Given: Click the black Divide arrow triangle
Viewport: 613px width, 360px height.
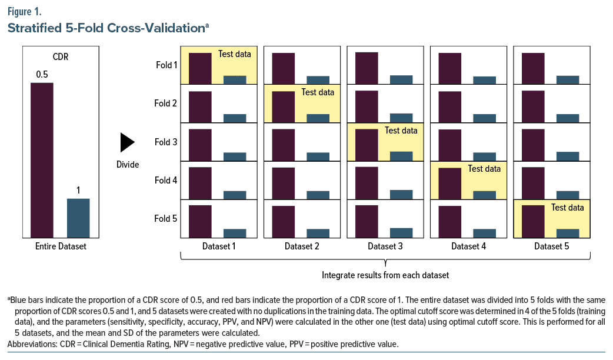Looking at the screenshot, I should [126, 142].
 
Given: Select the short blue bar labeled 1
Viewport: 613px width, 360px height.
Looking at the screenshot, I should [78, 218].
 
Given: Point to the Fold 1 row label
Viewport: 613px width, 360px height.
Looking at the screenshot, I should [165, 65].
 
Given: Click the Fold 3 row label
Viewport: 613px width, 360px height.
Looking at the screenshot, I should [165, 142].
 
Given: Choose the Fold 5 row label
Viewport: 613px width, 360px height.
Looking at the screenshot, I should [165, 219].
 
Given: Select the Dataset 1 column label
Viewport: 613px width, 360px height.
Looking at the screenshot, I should [219, 246].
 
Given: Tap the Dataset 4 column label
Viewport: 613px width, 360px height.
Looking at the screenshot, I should [469, 246].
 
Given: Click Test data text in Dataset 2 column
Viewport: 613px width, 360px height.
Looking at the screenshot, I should [318, 92].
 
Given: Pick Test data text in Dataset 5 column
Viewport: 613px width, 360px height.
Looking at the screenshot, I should [567, 208].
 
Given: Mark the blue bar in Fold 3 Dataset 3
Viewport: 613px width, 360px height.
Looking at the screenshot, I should [401, 156].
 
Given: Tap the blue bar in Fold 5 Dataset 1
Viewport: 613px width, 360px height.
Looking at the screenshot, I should [235, 233].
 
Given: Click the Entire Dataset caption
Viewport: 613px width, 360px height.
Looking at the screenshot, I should [60, 246].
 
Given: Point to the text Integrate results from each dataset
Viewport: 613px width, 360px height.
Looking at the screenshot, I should [385, 275].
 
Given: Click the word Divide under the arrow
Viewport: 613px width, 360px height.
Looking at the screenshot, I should [128, 165].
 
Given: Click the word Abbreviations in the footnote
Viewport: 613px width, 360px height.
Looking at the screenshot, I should [32, 344].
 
